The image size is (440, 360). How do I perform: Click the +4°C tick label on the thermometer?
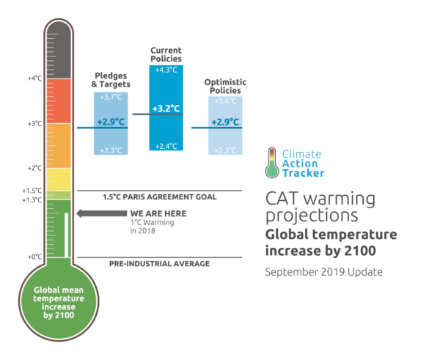coord(34,78)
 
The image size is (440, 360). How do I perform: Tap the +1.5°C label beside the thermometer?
coord(32,191)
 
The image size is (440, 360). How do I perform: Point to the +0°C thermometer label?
coord(34,257)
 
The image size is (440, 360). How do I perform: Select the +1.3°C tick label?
coord(32,199)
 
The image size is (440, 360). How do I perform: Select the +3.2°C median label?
coord(166,109)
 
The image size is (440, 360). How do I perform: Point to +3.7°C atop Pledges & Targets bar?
coord(110,97)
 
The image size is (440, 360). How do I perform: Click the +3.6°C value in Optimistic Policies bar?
coord(224,101)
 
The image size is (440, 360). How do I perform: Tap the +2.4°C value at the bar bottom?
coord(166,145)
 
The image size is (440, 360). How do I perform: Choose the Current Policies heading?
coord(166,54)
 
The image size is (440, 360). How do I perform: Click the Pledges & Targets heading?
coord(111,80)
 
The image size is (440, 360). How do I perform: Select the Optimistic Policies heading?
coord(226,86)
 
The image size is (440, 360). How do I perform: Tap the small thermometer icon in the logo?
coord(272,163)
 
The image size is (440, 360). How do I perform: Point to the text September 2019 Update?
coord(323,272)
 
